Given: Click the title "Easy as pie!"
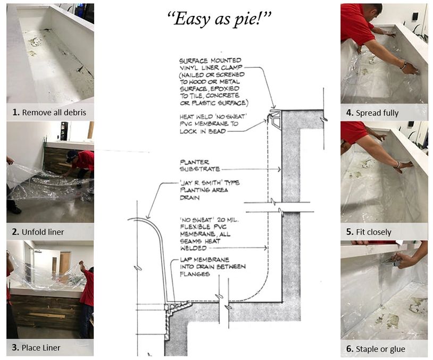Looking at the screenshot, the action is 220,19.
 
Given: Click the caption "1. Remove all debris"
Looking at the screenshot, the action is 49,112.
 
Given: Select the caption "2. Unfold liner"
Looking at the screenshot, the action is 38,232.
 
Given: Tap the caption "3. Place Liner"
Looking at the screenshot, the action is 36,348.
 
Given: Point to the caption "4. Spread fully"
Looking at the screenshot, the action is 372,113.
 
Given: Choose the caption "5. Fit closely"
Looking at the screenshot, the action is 369,232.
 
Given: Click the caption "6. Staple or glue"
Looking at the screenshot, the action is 376,349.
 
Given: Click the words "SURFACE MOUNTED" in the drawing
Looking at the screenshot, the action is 210,61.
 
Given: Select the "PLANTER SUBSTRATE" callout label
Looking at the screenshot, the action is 200,166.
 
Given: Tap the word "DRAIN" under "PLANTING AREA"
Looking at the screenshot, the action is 189,198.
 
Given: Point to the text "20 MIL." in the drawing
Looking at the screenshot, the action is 228,220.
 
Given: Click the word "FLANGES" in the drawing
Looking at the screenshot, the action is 195,274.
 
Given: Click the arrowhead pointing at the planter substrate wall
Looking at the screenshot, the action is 279,169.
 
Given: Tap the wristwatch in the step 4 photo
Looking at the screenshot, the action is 403,65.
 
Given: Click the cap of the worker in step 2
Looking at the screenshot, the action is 71,154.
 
